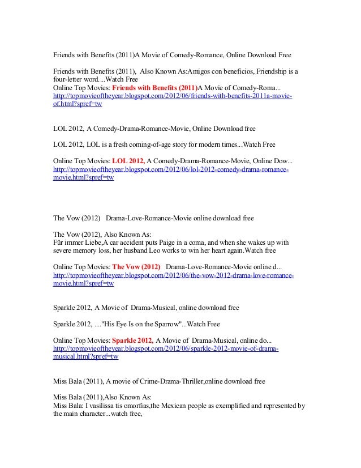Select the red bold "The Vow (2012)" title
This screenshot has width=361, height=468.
136,266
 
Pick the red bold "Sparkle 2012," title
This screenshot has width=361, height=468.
132,341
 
